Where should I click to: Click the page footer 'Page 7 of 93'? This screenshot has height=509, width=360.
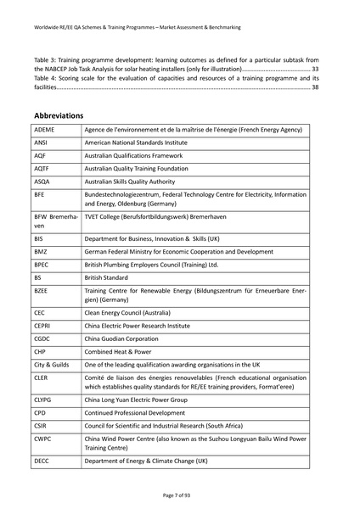pyautogui.click(x=180, y=495)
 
